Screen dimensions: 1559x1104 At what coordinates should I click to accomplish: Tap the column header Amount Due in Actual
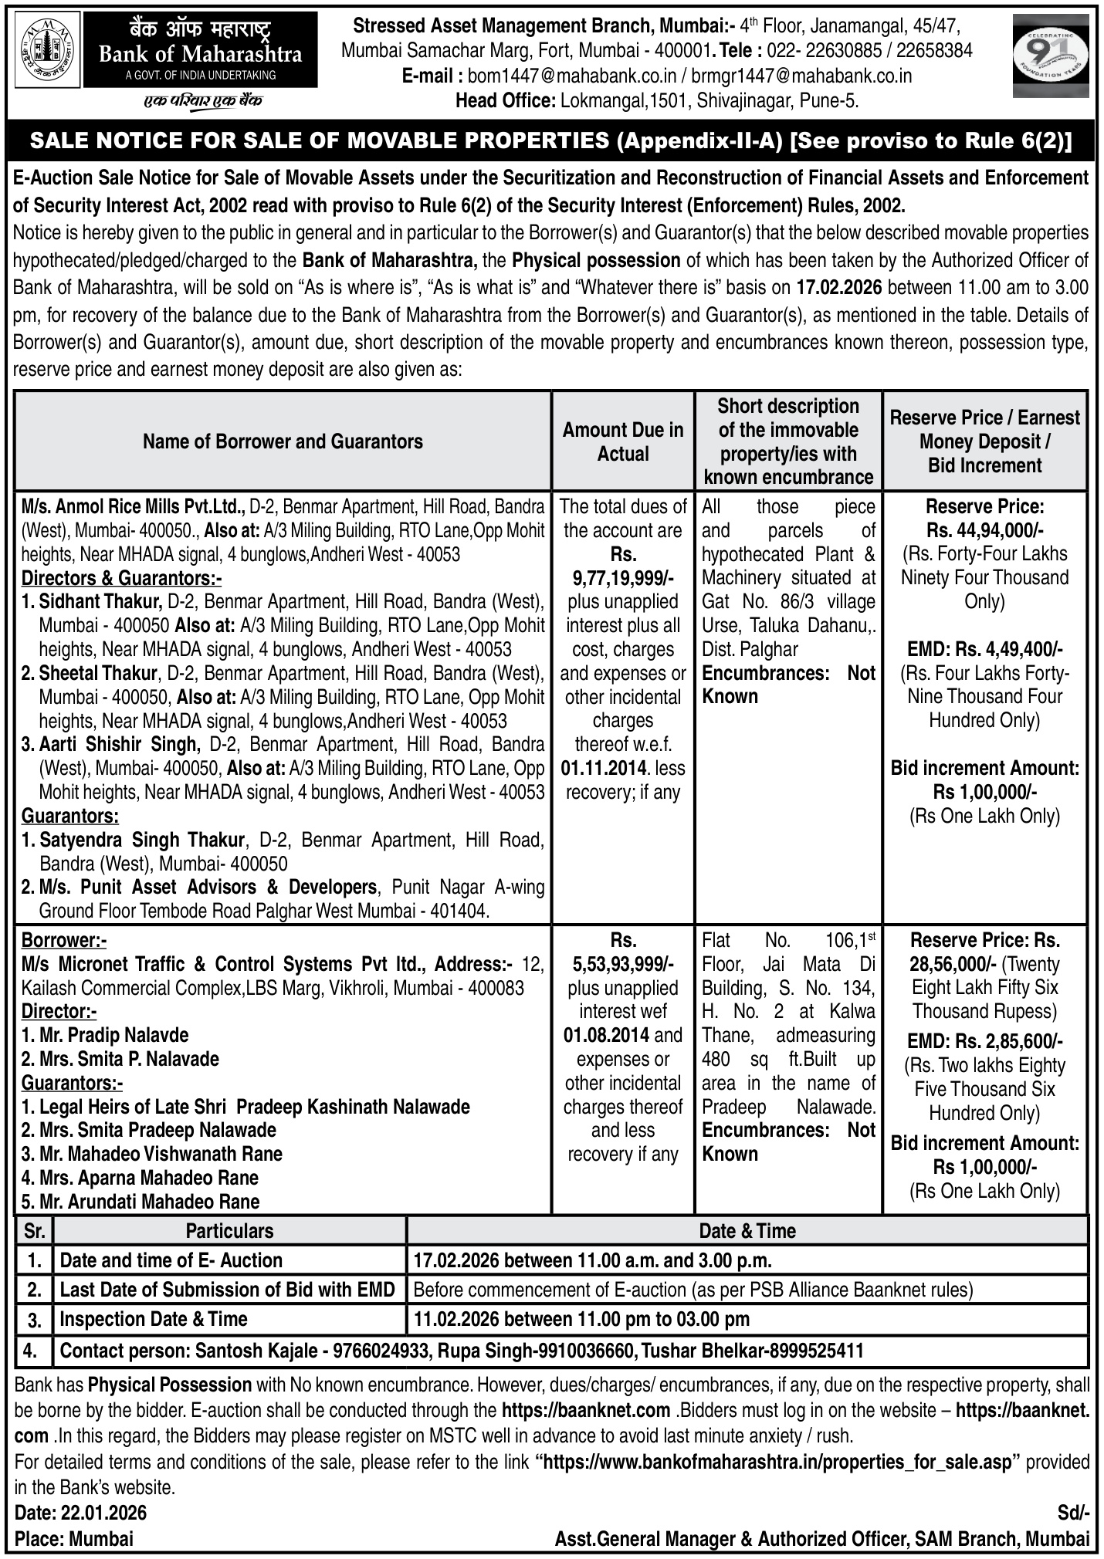coord(623,441)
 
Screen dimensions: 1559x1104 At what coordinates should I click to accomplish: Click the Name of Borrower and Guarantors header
coord(283,441)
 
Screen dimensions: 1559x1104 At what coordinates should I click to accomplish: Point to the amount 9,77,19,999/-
coord(623,578)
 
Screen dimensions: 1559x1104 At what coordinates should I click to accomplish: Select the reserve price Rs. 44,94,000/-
coord(984,530)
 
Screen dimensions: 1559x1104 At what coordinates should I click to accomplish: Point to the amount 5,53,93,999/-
coord(623,964)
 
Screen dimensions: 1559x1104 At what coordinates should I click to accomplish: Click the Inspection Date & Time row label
coord(154,1319)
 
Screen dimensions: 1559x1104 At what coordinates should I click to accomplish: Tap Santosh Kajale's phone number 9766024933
coord(382,1351)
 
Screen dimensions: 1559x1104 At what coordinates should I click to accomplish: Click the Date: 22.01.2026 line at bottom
coord(80,1511)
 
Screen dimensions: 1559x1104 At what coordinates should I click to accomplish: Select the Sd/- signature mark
coord(1073,1511)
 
